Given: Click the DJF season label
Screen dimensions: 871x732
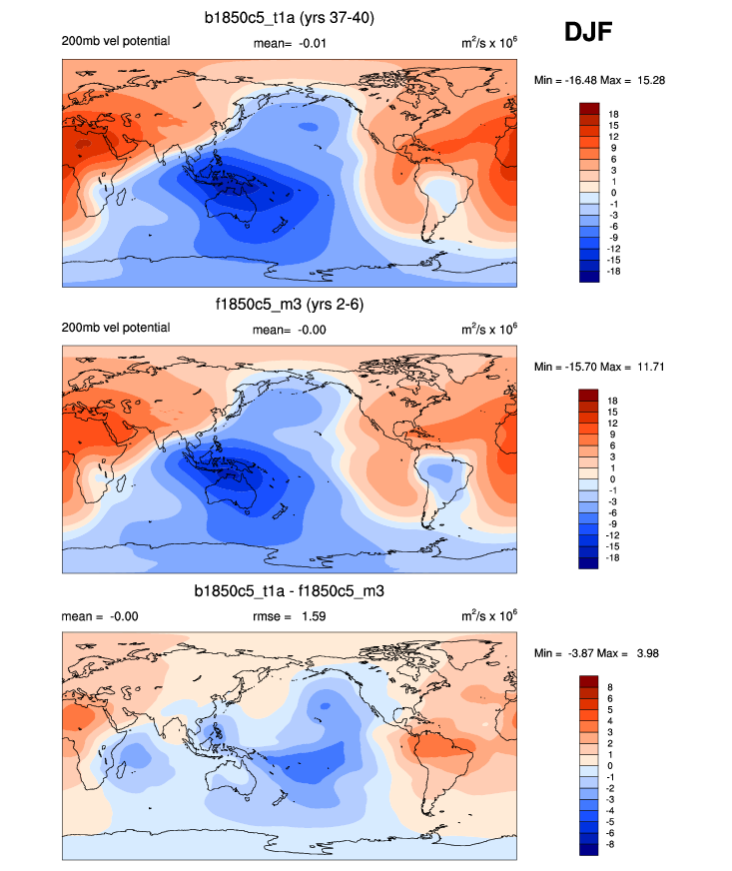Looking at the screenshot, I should coord(589,33).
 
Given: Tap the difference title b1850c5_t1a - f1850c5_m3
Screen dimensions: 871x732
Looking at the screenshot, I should coord(290,591).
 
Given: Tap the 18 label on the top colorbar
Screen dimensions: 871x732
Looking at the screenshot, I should coord(614,114).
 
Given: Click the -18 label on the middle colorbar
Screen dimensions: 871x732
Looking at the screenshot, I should coord(614,558).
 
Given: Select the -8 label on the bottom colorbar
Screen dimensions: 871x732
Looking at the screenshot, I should coord(613,844).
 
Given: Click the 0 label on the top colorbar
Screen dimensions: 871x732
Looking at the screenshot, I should coord(611,192).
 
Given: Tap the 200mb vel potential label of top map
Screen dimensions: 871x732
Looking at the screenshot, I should coord(116,41).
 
